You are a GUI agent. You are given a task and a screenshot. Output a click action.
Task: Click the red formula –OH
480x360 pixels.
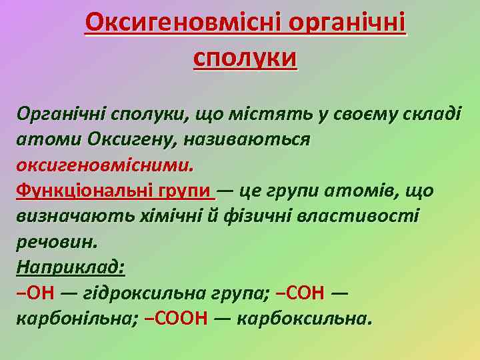pos(36,293)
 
